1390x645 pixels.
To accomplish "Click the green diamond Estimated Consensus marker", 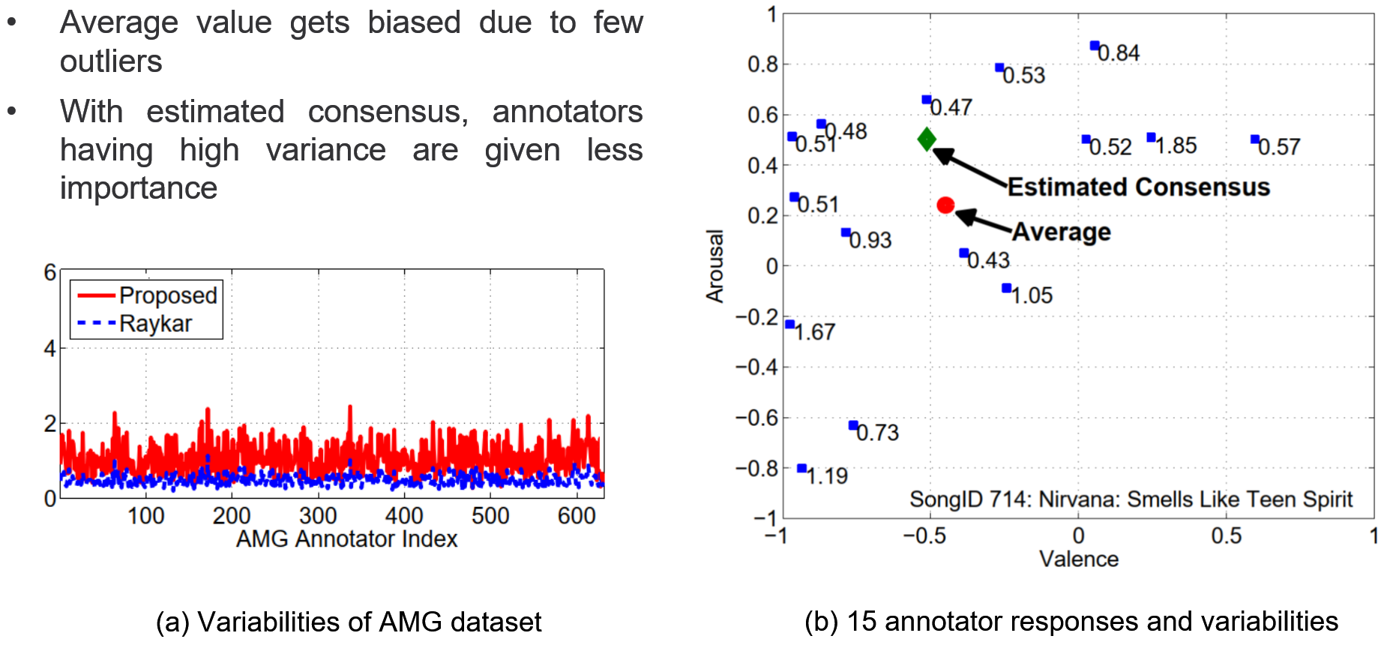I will [x=927, y=139].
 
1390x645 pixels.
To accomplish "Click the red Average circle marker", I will [x=945, y=205].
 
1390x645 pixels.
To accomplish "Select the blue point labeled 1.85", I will [x=1151, y=137].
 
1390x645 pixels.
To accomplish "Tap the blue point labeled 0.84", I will [x=1094, y=46].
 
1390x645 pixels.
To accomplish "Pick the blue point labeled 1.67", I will [x=789, y=324].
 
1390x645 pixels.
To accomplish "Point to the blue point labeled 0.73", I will [x=852, y=425].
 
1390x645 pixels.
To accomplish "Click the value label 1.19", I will [x=827, y=476].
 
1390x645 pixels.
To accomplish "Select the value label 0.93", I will [x=870, y=241].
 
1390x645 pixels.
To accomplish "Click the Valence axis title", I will [x=1078, y=559].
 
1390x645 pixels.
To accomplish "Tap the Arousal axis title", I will [x=715, y=266].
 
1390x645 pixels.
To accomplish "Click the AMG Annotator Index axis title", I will [x=346, y=539].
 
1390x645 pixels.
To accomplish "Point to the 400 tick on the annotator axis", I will [x=404, y=516].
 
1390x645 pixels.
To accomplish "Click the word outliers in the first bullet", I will [x=111, y=61].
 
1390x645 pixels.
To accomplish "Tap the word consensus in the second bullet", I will [x=388, y=112].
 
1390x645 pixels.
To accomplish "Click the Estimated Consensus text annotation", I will [x=1138, y=187].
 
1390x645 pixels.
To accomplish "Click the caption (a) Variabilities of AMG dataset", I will [x=349, y=622].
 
